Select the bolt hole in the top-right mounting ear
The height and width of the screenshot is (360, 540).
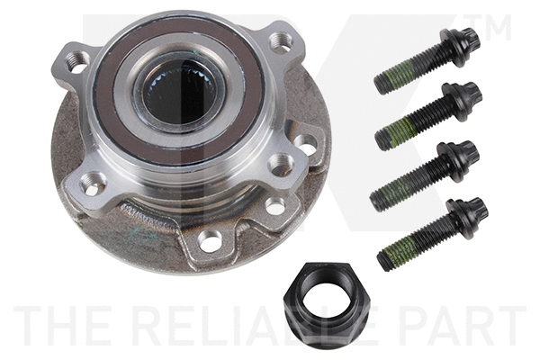tap(282, 40)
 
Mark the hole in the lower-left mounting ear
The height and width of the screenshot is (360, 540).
tap(91, 184)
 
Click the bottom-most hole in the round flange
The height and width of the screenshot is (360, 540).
tap(209, 241)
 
